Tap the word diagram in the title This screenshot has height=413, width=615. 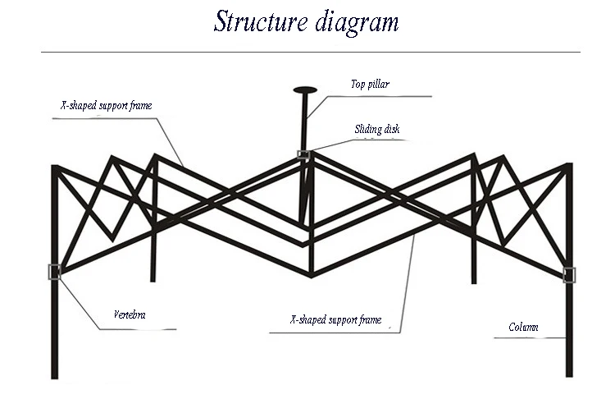[x=357, y=23]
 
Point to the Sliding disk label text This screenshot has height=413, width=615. [x=377, y=129]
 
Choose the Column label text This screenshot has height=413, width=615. [x=523, y=327]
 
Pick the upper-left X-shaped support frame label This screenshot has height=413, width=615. [x=107, y=105]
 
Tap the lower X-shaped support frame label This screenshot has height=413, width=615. [x=336, y=319]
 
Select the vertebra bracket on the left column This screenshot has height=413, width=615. [x=55, y=272]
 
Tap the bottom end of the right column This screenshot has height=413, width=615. [x=568, y=374]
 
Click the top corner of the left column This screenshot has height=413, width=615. [x=55, y=167]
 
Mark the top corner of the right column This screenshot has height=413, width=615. [x=568, y=166]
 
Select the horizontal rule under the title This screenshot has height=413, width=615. [x=310, y=53]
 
